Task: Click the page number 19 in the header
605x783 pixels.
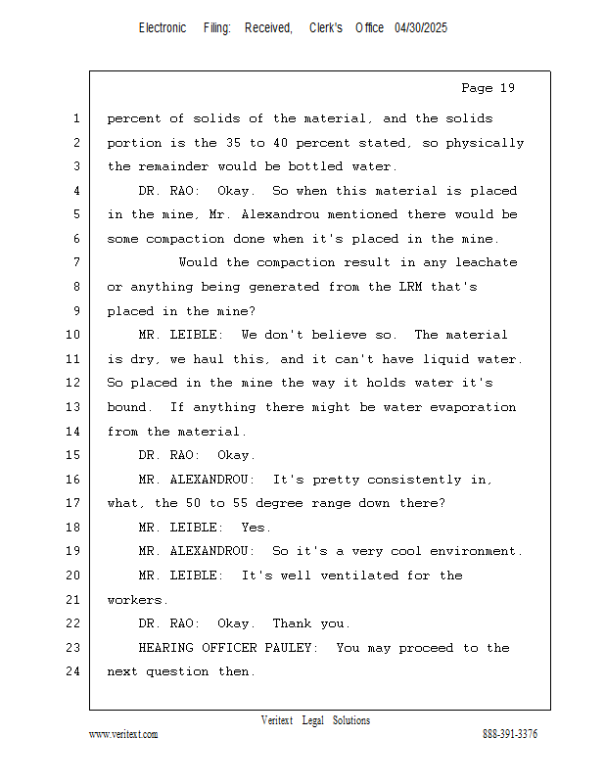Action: [506, 88]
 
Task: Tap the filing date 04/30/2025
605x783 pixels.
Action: [421, 28]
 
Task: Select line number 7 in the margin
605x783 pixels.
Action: [76, 262]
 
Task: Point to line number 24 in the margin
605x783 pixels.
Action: [73, 671]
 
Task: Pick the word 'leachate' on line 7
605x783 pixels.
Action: [486, 262]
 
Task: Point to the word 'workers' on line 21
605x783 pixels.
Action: [135, 600]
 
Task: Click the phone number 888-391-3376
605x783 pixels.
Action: [510, 735]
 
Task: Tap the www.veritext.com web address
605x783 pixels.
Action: [123, 735]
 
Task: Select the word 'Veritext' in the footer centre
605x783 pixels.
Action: [277, 720]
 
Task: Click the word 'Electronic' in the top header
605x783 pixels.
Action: [163, 28]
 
